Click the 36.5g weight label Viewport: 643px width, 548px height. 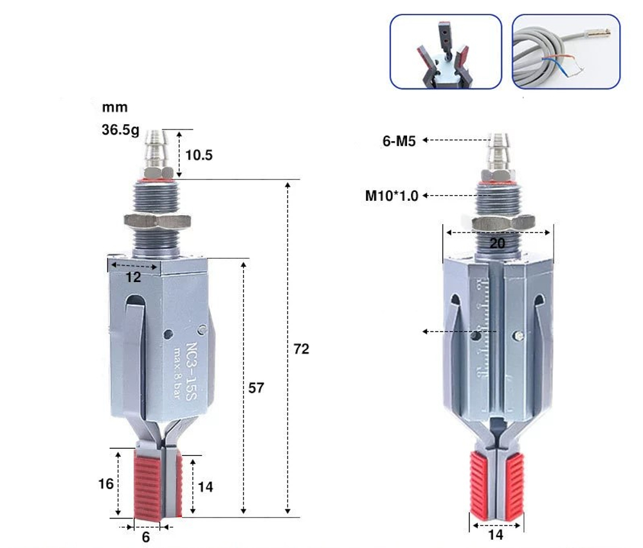click(120, 129)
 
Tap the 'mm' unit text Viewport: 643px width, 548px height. click(114, 108)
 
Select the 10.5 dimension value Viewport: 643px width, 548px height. click(199, 155)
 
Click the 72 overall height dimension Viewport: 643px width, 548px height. click(301, 348)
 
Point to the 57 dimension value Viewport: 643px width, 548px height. click(257, 388)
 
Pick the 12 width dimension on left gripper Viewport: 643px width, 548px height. click(133, 278)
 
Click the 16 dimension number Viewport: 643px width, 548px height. click(107, 483)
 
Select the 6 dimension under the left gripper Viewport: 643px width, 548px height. click(146, 537)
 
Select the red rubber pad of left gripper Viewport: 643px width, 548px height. click(148, 484)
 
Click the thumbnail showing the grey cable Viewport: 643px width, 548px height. click(566, 52)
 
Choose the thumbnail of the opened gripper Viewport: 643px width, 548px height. click(446, 52)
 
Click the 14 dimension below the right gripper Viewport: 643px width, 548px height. click(496, 534)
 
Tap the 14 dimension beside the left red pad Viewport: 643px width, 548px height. click(204, 487)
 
